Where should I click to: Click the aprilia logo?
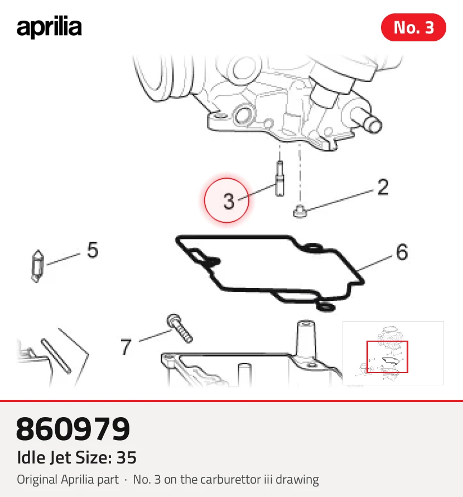pyautogui.click(x=49, y=27)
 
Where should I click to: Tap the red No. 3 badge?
pyautogui.click(x=413, y=27)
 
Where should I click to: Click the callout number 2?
pyautogui.click(x=383, y=187)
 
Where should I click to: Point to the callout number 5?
pyautogui.click(x=93, y=250)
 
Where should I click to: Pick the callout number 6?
pyautogui.click(x=402, y=252)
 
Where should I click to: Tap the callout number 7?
pyautogui.click(x=126, y=347)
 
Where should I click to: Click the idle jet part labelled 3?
pyautogui.click(x=279, y=179)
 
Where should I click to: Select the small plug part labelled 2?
pyautogui.click(x=300, y=212)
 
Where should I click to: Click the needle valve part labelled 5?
pyautogui.click(x=37, y=266)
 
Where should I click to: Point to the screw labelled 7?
pyautogui.click(x=179, y=328)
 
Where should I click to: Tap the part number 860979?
pyautogui.click(x=73, y=429)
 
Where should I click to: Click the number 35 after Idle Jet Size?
pyautogui.click(x=127, y=457)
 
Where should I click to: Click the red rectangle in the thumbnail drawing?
pyautogui.click(x=387, y=357)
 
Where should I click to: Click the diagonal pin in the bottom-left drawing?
pyautogui.click(x=56, y=356)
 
